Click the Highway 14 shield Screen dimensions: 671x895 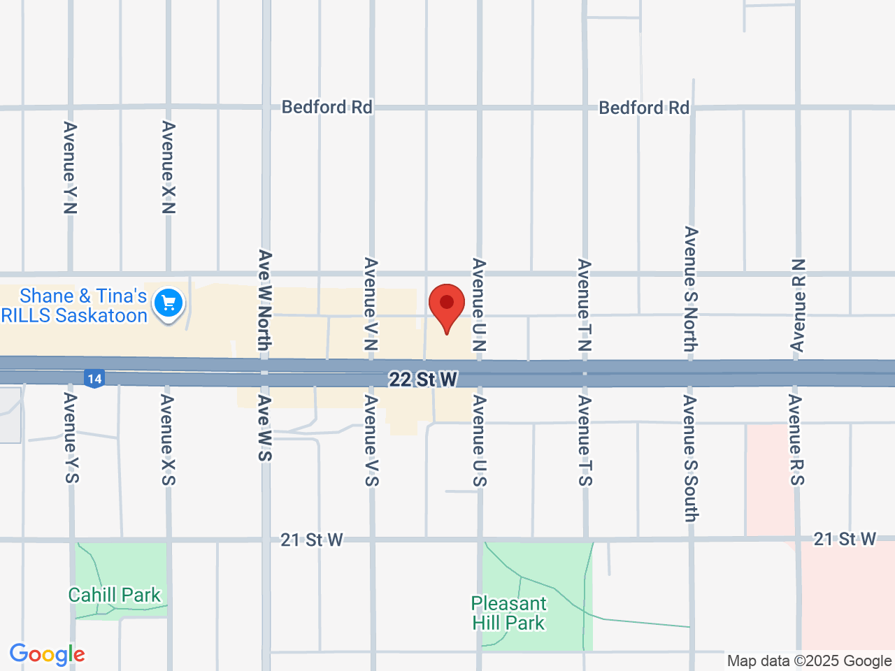point(94,379)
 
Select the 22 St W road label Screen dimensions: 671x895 point(423,379)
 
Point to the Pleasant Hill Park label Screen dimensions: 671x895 point(508,613)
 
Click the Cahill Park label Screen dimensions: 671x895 point(115,595)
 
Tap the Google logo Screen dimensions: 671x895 point(47,654)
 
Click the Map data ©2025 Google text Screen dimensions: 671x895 point(809,661)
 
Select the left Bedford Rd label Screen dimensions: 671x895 point(327,107)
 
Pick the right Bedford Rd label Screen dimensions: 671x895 point(644,108)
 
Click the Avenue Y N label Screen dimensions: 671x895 point(71,168)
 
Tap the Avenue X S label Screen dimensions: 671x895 point(168,440)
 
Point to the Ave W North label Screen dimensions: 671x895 point(264,300)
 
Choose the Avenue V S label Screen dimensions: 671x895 point(371,440)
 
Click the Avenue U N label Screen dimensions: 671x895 point(479,305)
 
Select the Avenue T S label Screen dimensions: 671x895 point(585,440)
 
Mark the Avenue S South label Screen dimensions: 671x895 point(691,459)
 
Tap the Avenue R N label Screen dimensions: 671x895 point(798,305)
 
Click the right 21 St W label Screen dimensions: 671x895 point(845,539)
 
